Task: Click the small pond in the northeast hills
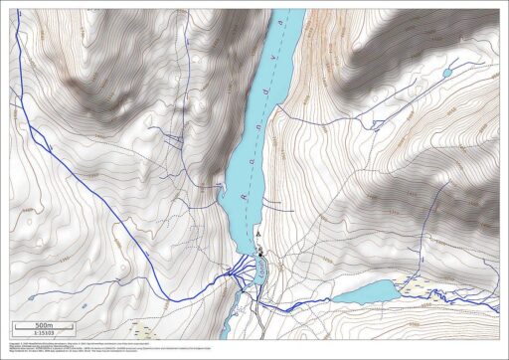(447, 73)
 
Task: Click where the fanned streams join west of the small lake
(237, 270)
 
